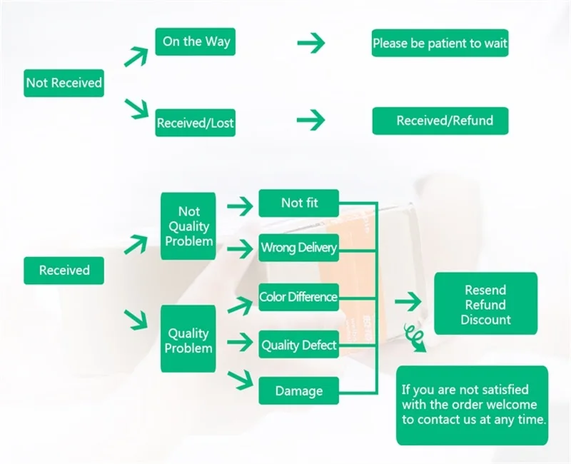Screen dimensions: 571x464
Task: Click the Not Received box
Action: click(64, 83)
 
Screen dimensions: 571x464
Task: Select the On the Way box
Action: click(195, 41)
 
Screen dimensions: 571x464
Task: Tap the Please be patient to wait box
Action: click(440, 43)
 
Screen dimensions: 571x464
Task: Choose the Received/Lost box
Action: click(195, 123)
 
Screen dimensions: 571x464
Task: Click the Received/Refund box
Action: click(440, 121)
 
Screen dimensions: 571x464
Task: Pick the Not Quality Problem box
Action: click(188, 226)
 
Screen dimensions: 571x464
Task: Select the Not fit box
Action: click(298, 203)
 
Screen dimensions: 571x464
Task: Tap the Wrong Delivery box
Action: click(298, 248)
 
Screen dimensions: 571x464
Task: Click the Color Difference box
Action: click(298, 297)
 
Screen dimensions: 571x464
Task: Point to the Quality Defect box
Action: click(298, 345)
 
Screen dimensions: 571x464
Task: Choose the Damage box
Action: click(298, 390)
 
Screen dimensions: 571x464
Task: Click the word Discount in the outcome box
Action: click(485, 319)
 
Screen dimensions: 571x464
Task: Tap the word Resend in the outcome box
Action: click(485, 290)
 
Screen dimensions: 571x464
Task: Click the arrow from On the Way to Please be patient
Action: click(311, 43)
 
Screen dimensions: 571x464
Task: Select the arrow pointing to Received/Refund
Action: click(311, 120)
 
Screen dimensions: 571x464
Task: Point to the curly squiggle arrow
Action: click(415, 338)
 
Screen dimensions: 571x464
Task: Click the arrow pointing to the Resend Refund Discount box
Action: click(408, 301)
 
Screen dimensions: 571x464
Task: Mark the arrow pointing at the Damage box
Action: click(240, 380)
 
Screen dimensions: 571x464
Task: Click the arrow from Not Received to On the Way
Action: click(136, 56)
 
